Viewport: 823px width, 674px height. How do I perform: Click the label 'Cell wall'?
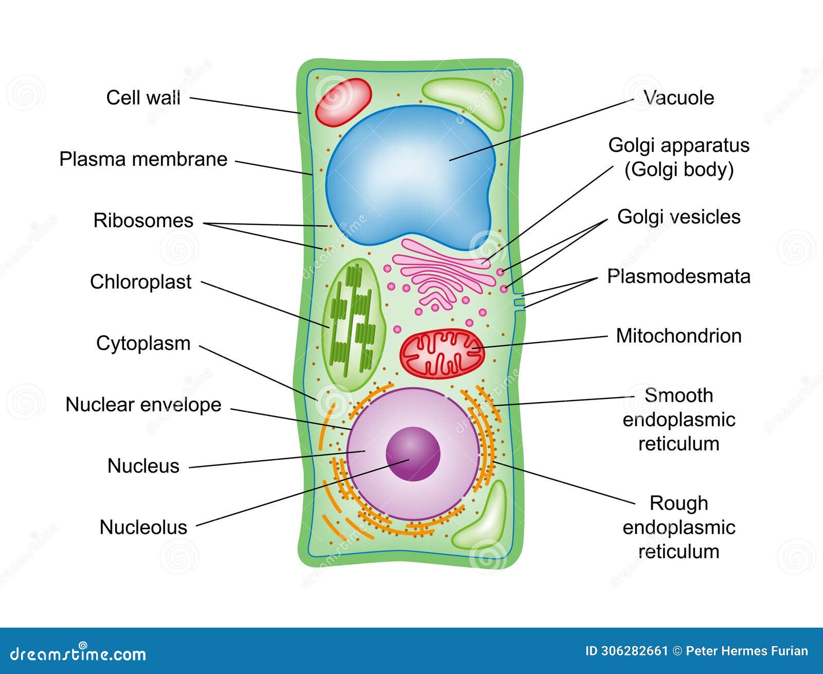tap(143, 97)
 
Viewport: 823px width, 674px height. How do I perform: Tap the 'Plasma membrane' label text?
tap(143, 159)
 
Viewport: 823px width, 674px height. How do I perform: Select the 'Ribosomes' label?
tap(143, 220)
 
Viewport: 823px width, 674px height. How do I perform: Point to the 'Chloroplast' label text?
tap(140, 282)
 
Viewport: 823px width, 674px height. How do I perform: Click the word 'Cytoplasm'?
tap(143, 343)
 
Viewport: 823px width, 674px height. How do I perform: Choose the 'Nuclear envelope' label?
tap(143, 405)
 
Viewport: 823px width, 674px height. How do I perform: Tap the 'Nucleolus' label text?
tap(143, 527)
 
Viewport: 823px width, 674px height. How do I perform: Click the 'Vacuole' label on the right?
tap(678, 97)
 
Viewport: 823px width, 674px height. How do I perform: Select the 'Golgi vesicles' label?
tap(678, 217)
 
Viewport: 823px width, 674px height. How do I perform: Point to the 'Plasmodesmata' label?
tap(678, 276)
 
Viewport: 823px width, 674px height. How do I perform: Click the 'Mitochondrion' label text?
tap(678, 336)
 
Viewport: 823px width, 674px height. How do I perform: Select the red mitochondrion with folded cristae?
tap(441, 353)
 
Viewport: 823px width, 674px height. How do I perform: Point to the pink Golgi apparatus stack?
tap(442, 273)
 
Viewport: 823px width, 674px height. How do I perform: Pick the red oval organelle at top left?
tap(343, 101)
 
